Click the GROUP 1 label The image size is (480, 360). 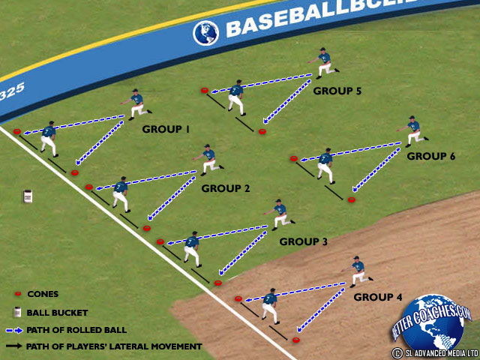(166, 129)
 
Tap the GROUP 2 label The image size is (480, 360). (225, 188)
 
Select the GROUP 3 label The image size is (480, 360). (303, 241)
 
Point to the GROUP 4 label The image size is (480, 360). (378, 297)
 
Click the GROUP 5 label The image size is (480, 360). (337, 91)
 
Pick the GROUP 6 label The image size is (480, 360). (430, 157)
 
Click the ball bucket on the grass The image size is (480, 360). (28, 196)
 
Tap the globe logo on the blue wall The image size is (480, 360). (204, 32)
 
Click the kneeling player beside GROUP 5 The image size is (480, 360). (323, 63)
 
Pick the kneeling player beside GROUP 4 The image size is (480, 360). (358, 271)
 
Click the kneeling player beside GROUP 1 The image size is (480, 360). (136, 103)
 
